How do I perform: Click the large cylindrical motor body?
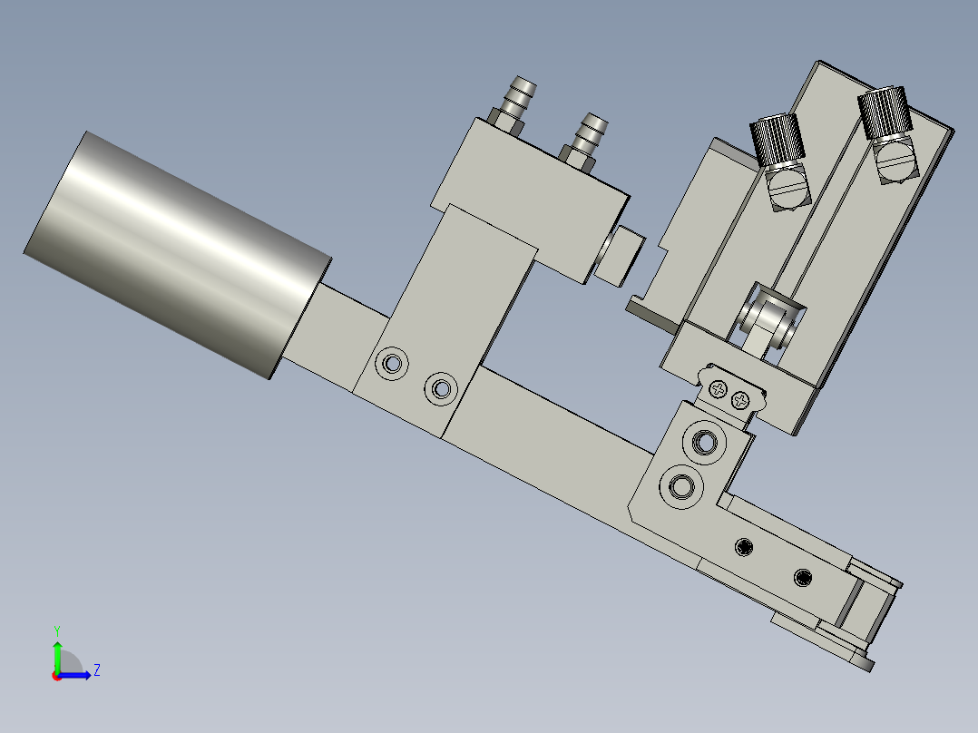[177, 254]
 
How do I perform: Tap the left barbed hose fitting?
[519, 99]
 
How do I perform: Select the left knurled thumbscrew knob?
[777, 140]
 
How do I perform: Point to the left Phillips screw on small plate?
[719, 389]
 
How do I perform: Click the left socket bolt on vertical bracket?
[393, 363]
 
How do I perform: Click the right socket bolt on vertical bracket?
[441, 388]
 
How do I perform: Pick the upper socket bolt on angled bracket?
[705, 443]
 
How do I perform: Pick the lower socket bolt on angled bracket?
[680, 487]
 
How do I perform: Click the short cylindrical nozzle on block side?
[620, 254]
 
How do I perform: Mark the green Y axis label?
[56, 630]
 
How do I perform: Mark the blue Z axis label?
[96, 670]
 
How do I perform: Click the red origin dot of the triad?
[57, 675]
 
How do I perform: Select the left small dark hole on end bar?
[745, 545]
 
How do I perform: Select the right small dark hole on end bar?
[803, 576]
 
